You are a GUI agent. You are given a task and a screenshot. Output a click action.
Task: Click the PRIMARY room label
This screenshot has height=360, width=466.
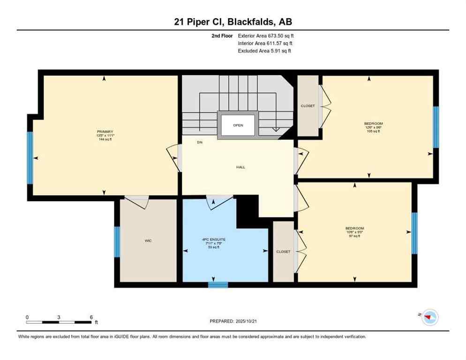click(105, 132)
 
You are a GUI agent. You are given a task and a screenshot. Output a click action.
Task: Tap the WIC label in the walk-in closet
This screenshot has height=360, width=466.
click(148, 240)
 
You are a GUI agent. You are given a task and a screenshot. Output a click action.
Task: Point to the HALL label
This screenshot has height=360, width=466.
click(241, 167)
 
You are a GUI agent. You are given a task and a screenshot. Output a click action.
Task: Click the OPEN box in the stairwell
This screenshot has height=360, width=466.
click(238, 125)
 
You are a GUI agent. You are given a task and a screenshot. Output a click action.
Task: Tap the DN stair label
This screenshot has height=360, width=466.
click(200, 142)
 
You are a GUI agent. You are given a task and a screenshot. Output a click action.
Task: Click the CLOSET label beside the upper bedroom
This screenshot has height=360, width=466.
click(308, 106)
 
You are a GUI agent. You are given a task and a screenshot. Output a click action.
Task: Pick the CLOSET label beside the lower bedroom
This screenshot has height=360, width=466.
click(283, 252)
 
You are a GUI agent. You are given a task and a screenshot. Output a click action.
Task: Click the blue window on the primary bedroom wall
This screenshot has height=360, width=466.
click(30, 157)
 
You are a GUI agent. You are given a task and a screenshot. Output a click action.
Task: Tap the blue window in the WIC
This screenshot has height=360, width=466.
click(117, 242)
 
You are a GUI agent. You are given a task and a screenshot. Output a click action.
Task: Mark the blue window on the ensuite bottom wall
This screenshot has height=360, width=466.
click(218, 285)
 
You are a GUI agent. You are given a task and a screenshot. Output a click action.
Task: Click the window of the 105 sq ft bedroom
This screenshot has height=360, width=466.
click(436, 127)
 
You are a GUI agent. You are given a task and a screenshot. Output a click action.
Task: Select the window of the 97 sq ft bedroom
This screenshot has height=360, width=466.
click(414, 233)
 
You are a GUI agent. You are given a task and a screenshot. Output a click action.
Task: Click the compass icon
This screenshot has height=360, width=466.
click(429, 318)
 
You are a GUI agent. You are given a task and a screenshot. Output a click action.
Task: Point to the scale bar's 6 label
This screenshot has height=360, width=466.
click(91, 317)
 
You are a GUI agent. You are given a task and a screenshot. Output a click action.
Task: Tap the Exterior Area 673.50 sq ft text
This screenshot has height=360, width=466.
click(266, 36)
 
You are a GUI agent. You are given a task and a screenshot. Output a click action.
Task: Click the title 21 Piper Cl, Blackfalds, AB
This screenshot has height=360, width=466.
click(233, 22)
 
